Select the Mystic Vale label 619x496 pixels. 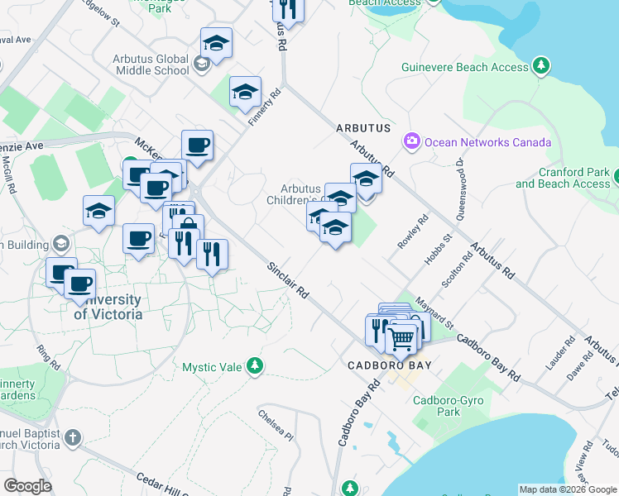pos(211,367)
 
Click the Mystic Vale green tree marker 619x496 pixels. pos(256,365)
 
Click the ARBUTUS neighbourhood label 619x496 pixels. pos(362,129)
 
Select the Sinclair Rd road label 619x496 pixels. pos(288,281)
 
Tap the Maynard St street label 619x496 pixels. pos(435,311)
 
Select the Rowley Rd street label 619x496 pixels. pos(413,231)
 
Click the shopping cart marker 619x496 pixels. pos(401,337)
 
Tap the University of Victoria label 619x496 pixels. pos(108,307)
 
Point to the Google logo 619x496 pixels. pos(27,486)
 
